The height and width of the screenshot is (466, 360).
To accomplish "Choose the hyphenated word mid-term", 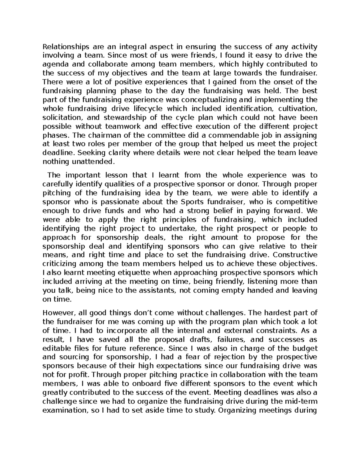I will pyautogui.click(x=302, y=401).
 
